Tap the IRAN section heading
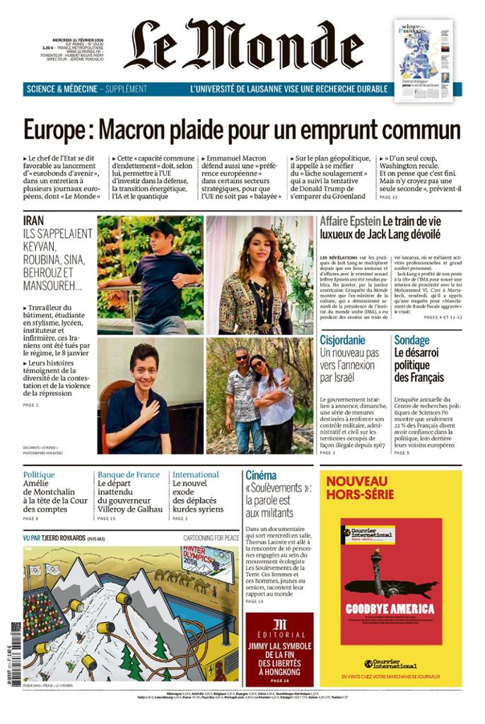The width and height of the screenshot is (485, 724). (33, 221)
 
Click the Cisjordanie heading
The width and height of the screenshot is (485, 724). (342, 340)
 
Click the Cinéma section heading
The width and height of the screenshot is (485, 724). (261, 475)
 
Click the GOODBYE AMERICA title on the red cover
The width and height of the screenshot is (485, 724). (391, 609)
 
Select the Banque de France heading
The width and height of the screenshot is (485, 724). (127, 475)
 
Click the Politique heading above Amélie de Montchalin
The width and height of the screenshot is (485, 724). (39, 475)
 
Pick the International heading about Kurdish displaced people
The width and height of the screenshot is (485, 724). (196, 475)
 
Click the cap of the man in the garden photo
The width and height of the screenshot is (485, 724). (161, 228)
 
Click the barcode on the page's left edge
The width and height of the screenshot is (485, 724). (16, 634)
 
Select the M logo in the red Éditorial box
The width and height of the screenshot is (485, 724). (280, 624)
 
